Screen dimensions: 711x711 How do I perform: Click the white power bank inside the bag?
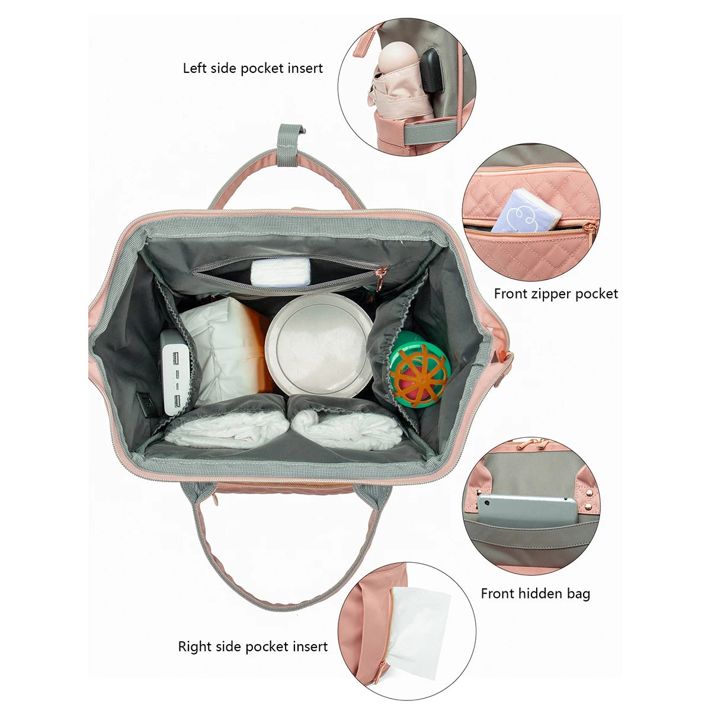(x=176, y=372)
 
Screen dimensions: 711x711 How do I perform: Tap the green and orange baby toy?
(x=420, y=369)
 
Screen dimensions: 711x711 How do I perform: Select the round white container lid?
(x=319, y=345)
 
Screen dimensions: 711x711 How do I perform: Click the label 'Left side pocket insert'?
(x=253, y=68)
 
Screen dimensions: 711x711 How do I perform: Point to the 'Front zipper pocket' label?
(x=556, y=294)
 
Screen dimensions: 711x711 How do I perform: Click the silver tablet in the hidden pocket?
(x=527, y=509)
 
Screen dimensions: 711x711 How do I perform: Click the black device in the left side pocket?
(x=432, y=71)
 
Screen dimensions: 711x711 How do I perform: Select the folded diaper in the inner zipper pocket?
(x=280, y=271)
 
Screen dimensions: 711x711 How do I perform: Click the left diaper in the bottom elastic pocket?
(x=226, y=428)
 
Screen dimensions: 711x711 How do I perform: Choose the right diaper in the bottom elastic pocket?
(x=346, y=429)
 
